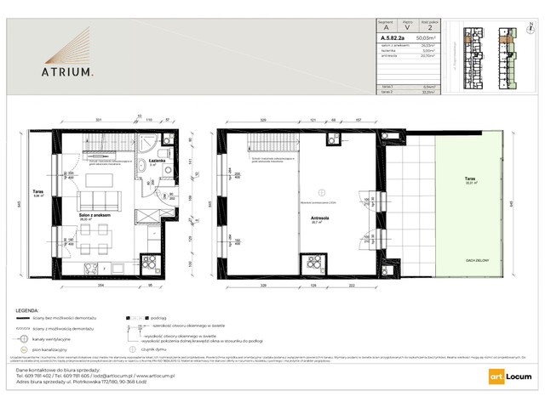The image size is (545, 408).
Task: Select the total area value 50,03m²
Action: (427, 38)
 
